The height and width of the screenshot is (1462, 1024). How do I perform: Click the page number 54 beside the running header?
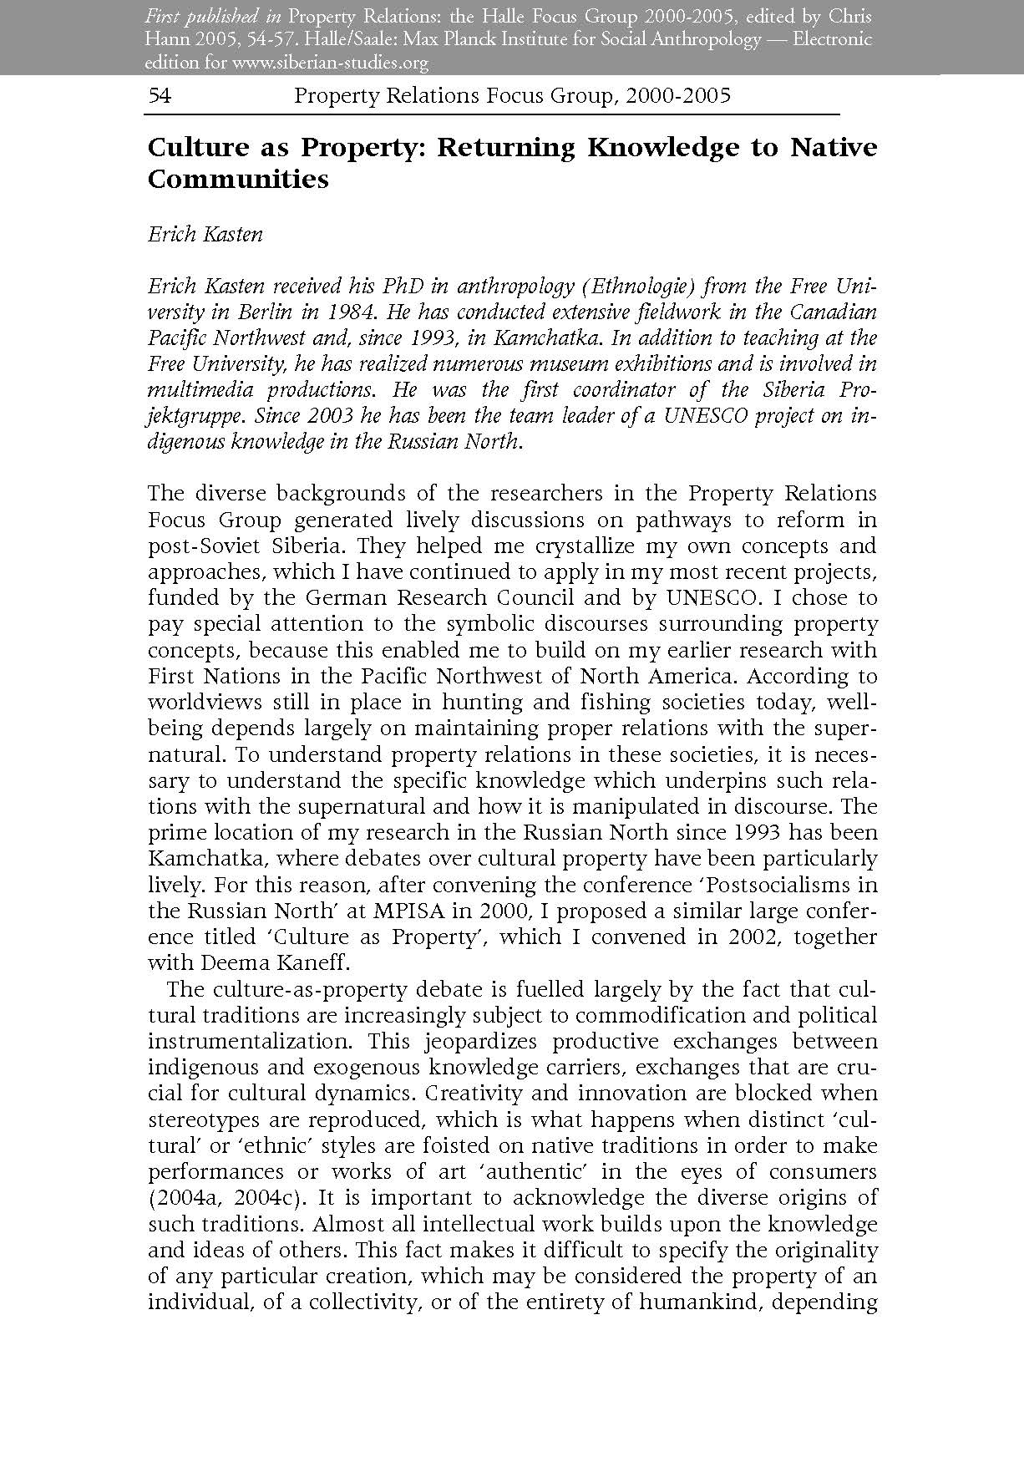(160, 96)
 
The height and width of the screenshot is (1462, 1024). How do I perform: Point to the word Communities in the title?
(238, 179)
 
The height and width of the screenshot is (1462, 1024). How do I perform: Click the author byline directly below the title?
(205, 234)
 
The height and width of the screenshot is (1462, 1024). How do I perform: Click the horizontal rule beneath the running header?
(493, 113)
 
